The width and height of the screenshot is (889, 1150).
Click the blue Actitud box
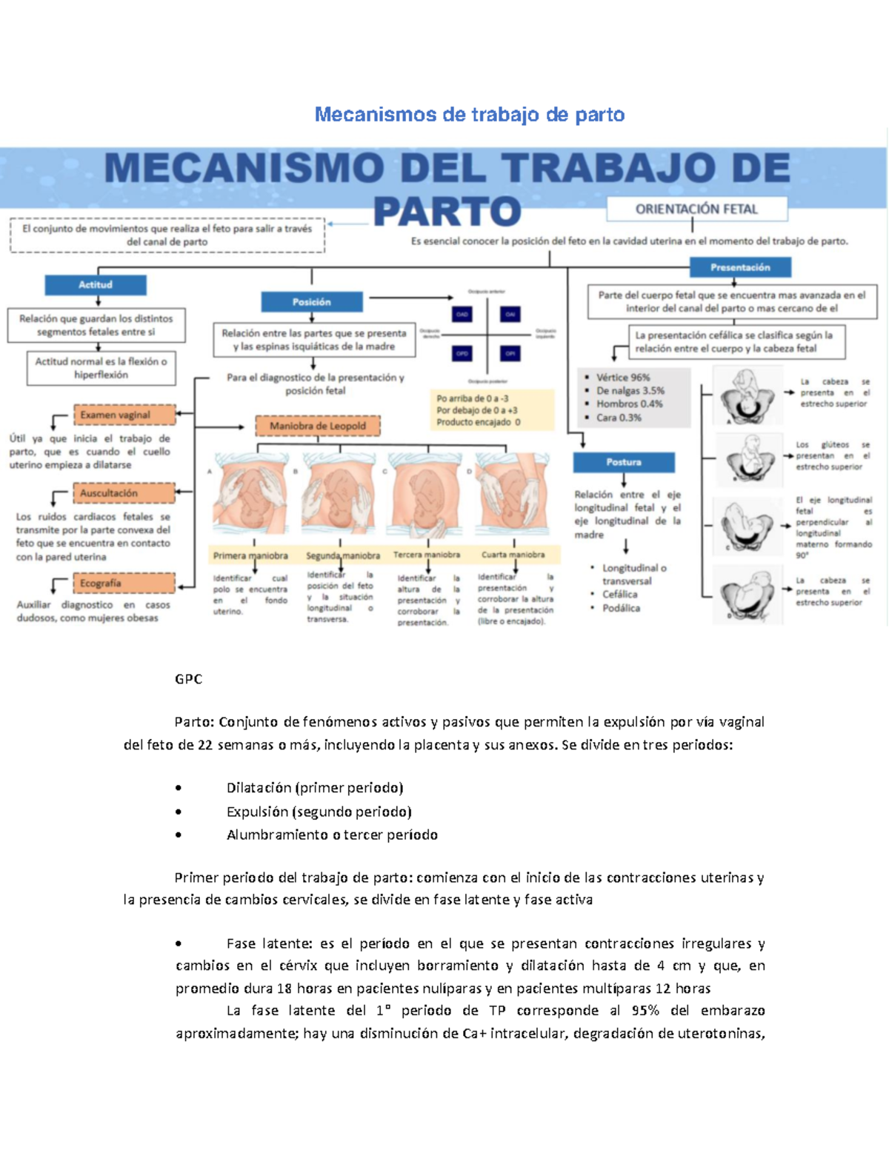(95, 284)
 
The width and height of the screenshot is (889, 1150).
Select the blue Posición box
(312, 301)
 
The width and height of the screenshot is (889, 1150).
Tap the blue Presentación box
(739, 267)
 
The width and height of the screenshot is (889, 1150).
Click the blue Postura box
(624, 462)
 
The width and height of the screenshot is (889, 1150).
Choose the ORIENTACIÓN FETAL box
(696, 209)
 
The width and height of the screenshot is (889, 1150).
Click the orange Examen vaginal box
(124, 415)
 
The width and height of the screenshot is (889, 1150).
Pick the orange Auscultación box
(124, 492)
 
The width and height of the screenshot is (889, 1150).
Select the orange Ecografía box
(124, 583)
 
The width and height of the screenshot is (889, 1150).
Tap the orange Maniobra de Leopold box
(318, 426)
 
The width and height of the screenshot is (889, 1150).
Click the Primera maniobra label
(250, 555)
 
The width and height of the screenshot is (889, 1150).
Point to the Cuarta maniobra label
(513, 554)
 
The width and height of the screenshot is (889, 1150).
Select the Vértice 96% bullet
(622, 377)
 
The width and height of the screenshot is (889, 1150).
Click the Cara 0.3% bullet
(619, 418)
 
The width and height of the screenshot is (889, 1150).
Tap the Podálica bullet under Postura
(621, 608)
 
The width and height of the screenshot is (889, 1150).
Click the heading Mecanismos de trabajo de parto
(470, 115)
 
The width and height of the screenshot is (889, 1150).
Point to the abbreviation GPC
(188, 679)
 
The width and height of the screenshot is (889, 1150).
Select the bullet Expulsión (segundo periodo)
(319, 812)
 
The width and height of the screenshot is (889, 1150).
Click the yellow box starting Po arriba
(491, 409)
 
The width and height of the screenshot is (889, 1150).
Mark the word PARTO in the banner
(447, 211)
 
